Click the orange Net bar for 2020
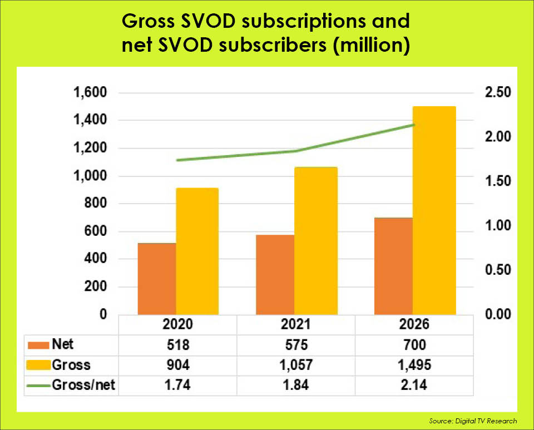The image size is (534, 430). [x=157, y=279]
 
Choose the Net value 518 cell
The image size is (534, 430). [x=178, y=345]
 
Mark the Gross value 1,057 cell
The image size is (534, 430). [x=296, y=365]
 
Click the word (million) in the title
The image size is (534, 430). [x=373, y=45]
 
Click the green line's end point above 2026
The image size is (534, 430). [x=413, y=125]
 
